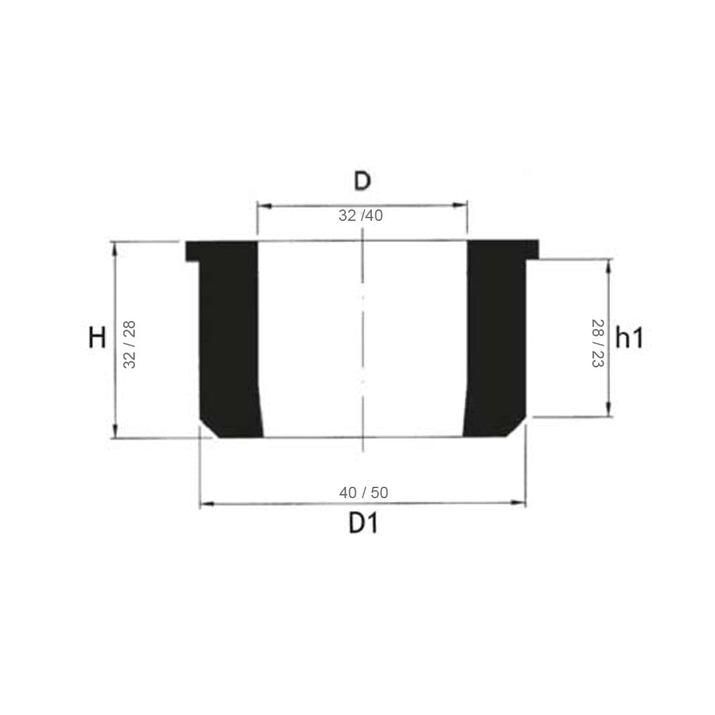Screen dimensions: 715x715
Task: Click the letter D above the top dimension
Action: pyautogui.click(x=363, y=181)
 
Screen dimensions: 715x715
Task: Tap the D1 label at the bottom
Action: pyautogui.click(x=363, y=523)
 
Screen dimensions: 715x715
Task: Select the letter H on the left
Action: pyautogui.click(x=97, y=338)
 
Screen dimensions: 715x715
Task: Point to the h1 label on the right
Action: pyautogui.click(x=629, y=338)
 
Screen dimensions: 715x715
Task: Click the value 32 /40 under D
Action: pyautogui.click(x=361, y=216)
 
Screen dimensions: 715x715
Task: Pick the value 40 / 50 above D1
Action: pyautogui.click(x=363, y=493)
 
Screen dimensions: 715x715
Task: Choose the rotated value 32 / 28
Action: pyautogui.click(x=130, y=344)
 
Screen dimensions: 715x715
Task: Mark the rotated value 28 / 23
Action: pyautogui.click(x=598, y=343)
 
